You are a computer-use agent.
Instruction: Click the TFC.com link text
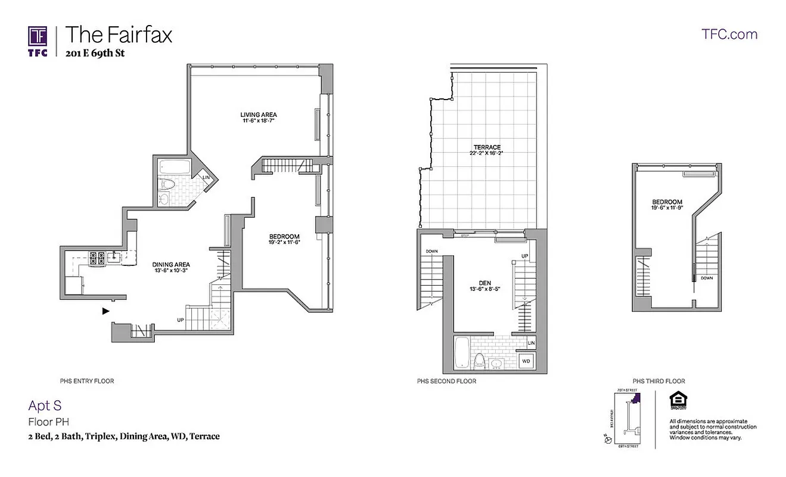coord(730,34)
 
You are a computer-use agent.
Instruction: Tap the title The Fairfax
coord(119,34)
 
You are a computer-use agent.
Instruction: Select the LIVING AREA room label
coord(259,114)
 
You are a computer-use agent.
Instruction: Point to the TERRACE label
coord(487,147)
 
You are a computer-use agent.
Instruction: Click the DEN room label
coord(484,283)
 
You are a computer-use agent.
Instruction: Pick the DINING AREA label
coord(171,264)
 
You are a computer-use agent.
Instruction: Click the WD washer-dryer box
coord(526,361)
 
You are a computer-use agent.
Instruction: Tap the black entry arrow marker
coord(106,311)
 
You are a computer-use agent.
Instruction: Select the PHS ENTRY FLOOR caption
coord(87,380)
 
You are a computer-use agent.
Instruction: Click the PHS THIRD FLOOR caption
coord(659,381)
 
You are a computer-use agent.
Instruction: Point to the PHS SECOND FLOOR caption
coord(447,381)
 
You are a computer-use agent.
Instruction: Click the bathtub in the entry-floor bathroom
coord(175,166)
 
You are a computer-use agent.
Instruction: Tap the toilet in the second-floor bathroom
coord(479,360)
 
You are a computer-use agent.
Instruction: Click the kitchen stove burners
coord(97,258)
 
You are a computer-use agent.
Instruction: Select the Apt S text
coord(45,405)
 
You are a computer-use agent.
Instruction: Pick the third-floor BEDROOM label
coord(667,202)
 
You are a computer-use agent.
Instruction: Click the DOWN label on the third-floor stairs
coord(707,278)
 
